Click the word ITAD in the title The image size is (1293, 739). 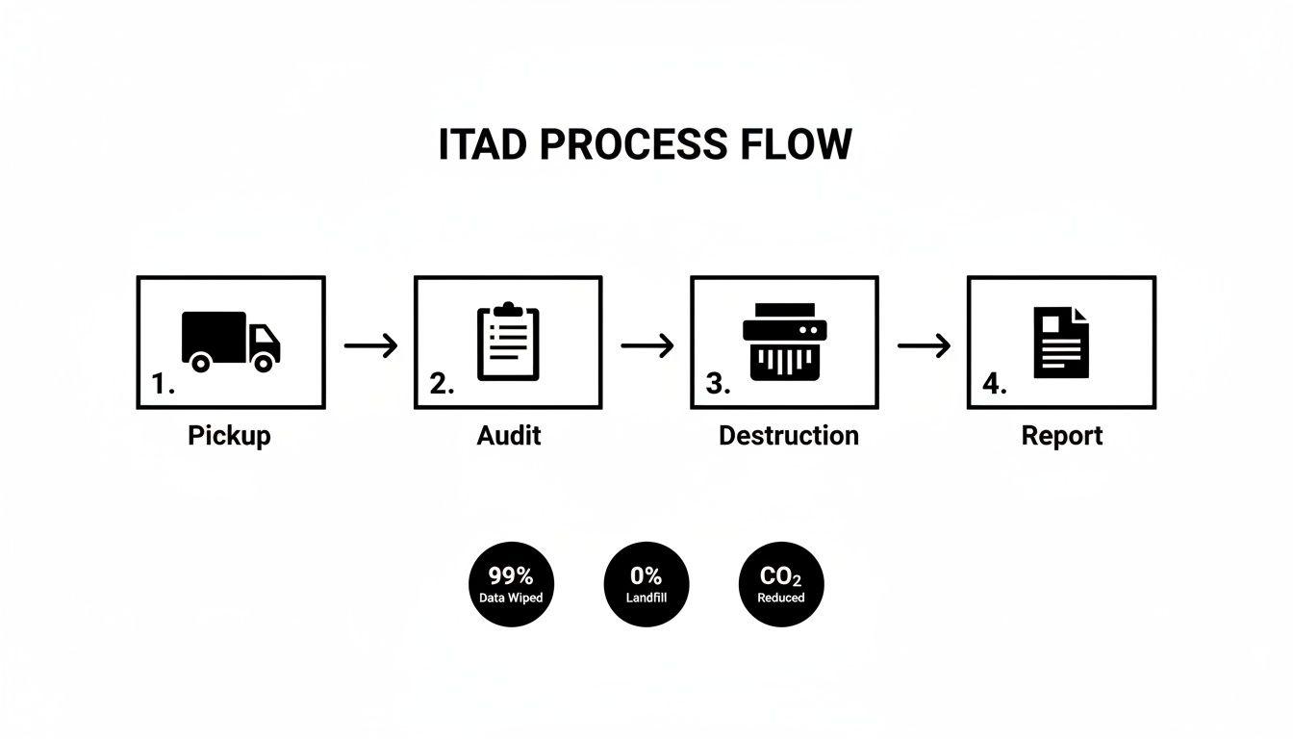[x=483, y=144]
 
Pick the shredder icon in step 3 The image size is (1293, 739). [x=784, y=342]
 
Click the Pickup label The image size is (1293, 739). [x=229, y=435]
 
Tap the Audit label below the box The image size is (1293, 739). [x=508, y=435]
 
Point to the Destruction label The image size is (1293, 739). [x=788, y=435]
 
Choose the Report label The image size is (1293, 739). [x=1061, y=435]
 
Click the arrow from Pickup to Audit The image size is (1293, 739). [x=370, y=345]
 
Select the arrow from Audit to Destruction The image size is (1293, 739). [x=647, y=345]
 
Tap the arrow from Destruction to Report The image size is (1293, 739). [x=924, y=345]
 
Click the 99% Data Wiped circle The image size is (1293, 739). [x=511, y=584]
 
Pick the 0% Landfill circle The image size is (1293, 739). [x=646, y=584]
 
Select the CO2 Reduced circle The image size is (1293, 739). [x=781, y=584]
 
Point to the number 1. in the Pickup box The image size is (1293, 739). [x=163, y=385]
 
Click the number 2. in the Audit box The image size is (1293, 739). [x=441, y=385]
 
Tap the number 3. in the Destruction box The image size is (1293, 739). [x=718, y=385]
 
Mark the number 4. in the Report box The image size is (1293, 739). [x=994, y=385]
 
